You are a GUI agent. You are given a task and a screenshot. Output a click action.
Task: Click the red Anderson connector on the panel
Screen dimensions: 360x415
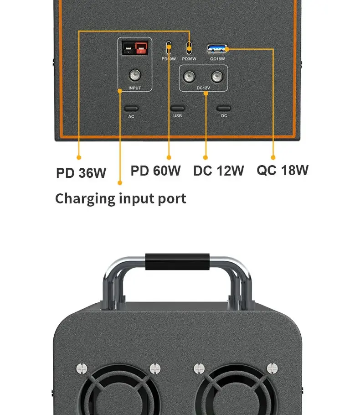(x=142, y=47)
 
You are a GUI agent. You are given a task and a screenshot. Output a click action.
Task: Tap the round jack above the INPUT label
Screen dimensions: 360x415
(x=135, y=75)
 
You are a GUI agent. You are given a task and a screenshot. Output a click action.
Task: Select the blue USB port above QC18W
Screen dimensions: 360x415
(x=217, y=48)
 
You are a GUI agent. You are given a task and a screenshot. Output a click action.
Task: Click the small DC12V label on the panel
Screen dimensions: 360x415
(x=203, y=88)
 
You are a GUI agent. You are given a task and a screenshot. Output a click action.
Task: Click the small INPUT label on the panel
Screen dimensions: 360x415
(x=135, y=88)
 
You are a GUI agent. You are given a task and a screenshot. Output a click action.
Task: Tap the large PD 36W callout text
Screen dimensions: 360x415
(x=81, y=173)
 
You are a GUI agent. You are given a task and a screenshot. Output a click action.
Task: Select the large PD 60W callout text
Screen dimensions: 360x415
(x=155, y=171)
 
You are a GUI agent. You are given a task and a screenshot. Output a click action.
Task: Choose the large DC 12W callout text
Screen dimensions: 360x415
(x=218, y=171)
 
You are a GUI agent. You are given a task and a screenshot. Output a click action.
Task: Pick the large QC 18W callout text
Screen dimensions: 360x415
(x=283, y=170)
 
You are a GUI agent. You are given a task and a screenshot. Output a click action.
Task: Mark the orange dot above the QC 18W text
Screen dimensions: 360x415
(x=273, y=157)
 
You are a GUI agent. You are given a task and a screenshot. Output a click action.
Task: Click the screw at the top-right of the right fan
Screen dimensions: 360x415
(x=272, y=368)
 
